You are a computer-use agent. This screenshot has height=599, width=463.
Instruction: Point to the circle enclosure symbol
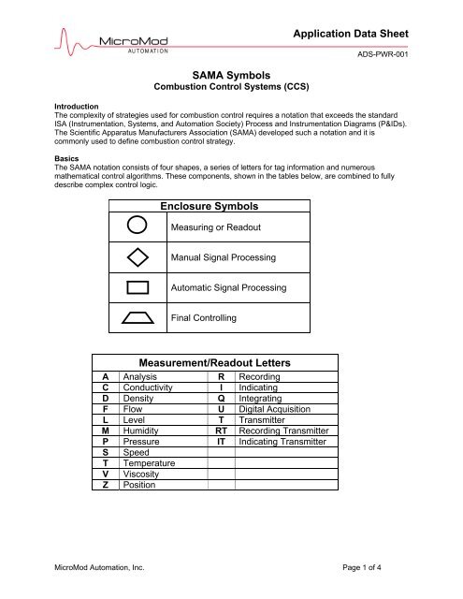click(137, 226)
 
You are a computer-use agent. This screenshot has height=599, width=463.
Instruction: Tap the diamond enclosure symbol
click(137, 256)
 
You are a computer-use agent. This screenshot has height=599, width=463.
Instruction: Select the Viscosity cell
click(143, 474)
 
